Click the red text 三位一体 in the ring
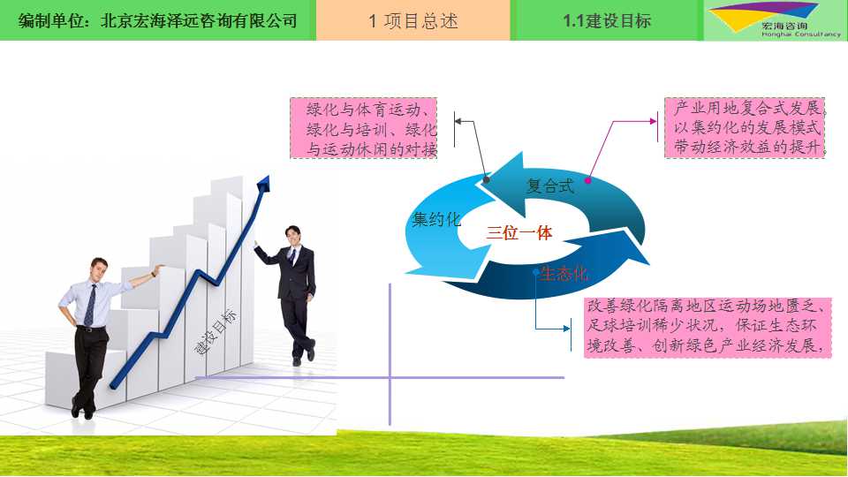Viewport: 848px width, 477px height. [519, 232]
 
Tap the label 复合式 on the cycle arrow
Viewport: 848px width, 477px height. [550, 186]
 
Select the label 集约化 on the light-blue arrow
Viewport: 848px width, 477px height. [436, 219]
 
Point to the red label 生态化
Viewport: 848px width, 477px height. [564, 274]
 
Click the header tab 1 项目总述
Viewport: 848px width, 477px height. [413, 20]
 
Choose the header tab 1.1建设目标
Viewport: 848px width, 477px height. [607, 20]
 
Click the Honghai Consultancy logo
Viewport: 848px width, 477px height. [776, 20]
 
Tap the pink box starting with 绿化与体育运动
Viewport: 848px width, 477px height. [363, 128]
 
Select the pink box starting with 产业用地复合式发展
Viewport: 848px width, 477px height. [745, 127]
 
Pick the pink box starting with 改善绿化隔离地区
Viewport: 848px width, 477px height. [708, 327]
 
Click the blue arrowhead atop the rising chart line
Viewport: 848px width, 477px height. [263, 184]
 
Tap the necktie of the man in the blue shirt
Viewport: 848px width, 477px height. [90, 305]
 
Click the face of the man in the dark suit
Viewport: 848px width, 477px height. [292, 236]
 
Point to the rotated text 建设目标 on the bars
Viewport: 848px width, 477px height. [216, 332]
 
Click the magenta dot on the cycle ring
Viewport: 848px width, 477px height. [588, 180]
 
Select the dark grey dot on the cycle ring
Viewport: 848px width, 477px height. [486, 179]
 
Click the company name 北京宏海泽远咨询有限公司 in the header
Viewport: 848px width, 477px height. [199, 20]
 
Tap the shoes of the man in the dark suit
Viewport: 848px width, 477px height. [304, 353]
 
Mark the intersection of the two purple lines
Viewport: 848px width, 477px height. [390, 377]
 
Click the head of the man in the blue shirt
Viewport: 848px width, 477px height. [98, 269]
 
